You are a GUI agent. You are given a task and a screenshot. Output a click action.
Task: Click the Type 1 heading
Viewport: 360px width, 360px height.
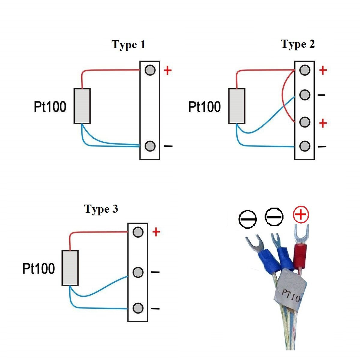pos(128,45)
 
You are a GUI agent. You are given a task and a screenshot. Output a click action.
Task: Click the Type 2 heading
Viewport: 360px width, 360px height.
pos(298,44)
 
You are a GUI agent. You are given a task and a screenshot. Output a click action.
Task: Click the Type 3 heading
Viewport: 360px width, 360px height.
pos(101,209)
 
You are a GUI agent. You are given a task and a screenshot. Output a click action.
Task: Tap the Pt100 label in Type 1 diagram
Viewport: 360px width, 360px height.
pos(50,107)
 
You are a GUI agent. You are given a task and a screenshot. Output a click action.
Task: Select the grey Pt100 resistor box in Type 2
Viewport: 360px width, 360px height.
pos(237,106)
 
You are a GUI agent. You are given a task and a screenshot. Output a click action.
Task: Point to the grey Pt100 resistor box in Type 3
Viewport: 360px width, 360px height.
pos(70,268)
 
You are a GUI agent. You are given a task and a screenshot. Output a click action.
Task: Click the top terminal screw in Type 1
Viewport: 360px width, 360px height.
pos(150,70)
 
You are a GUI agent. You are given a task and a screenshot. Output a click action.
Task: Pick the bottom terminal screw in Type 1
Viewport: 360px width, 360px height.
pos(150,146)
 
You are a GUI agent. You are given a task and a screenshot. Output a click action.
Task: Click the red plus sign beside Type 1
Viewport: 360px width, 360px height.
pos(168,70)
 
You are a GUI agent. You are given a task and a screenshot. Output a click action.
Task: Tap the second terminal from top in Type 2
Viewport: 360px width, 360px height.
pos(304,95)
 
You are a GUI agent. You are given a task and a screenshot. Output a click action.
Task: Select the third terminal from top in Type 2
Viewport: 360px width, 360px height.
pos(304,122)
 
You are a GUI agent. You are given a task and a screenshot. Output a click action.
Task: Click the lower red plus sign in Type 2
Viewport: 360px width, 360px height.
pos(323,123)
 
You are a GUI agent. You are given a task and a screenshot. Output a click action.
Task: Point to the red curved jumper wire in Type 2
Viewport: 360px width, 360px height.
pos(283,96)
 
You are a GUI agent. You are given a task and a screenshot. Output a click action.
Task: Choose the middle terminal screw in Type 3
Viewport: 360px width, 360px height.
pos(138,272)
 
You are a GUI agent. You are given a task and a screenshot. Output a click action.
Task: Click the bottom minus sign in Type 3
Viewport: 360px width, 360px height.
pos(155,308)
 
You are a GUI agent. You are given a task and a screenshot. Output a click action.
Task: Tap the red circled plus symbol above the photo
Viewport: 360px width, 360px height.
pos(301,214)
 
